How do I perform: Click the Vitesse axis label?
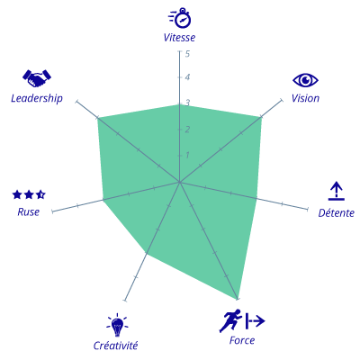click(x=179, y=38)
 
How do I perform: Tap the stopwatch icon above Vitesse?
click(x=180, y=18)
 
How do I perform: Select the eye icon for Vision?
click(x=305, y=80)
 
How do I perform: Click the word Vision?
click(x=305, y=98)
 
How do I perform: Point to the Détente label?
click(x=337, y=212)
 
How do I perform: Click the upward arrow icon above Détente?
click(x=337, y=191)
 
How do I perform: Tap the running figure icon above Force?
click(x=230, y=320)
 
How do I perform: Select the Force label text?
click(x=242, y=340)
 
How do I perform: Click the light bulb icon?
click(x=117, y=325)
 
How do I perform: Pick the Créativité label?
click(x=115, y=346)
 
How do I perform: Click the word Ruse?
click(x=29, y=212)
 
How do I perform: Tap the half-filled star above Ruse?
click(x=40, y=194)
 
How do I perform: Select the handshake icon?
click(x=37, y=78)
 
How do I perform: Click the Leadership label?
click(x=37, y=98)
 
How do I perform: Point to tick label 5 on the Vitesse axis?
click(x=187, y=54)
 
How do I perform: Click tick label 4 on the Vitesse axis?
click(x=187, y=77)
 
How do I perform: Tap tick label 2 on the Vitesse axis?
click(x=187, y=130)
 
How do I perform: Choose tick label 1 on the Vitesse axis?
click(x=187, y=155)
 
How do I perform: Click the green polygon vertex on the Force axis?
click(x=238, y=299)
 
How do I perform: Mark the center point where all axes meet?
click(x=179, y=182)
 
